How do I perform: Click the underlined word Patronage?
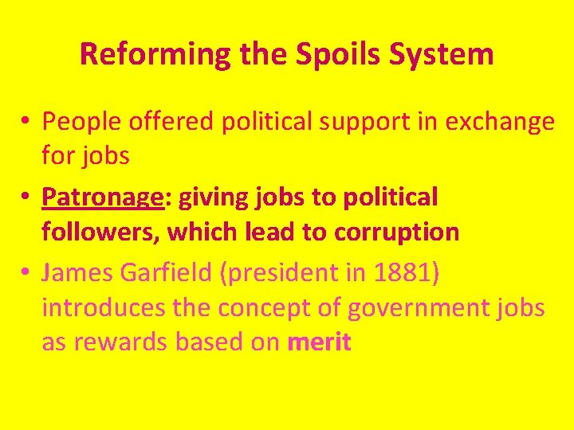click(102, 197)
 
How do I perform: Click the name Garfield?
click(165, 273)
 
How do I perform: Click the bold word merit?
click(319, 342)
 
